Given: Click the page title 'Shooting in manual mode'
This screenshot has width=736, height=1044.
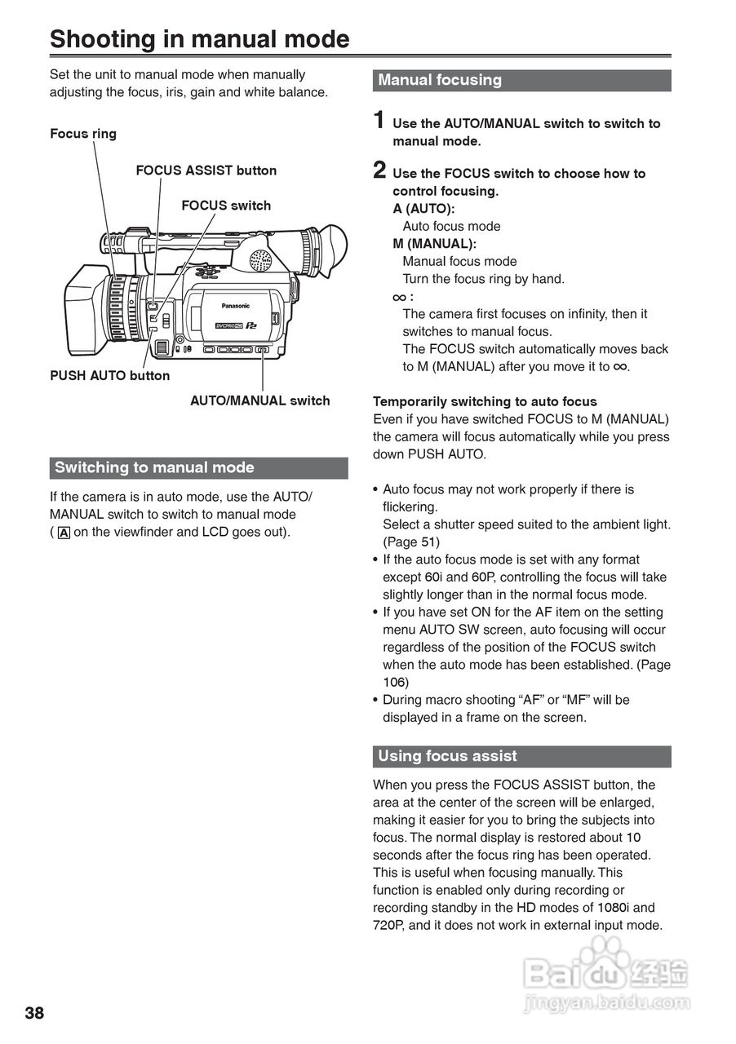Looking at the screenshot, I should (x=199, y=39).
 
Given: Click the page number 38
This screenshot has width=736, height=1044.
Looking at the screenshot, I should (x=34, y=1013).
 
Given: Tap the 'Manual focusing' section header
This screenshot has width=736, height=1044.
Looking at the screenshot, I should (x=440, y=80).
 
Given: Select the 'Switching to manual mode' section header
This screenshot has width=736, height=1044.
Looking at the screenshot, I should (x=154, y=467).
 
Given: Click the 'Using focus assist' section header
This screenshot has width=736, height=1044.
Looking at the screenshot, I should (x=447, y=756).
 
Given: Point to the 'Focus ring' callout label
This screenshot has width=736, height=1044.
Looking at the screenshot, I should (x=83, y=134).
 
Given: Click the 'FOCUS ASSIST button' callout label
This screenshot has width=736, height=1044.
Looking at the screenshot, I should (x=206, y=170).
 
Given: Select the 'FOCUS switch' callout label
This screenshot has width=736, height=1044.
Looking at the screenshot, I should (x=226, y=206).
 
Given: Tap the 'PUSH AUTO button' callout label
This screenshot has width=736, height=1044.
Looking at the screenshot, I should (x=110, y=376).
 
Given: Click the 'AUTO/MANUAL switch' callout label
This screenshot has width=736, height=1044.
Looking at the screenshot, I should (x=259, y=400).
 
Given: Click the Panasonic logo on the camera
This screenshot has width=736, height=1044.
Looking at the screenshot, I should (x=236, y=306).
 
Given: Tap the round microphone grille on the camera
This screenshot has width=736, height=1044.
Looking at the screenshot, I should (x=259, y=261).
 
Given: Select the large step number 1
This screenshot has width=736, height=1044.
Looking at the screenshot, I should (x=379, y=121).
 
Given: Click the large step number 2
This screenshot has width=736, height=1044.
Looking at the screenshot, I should (x=379, y=170).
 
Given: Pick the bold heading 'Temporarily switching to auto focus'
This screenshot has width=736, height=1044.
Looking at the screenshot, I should (x=485, y=401).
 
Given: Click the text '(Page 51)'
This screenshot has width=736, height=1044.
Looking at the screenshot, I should (x=411, y=542).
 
